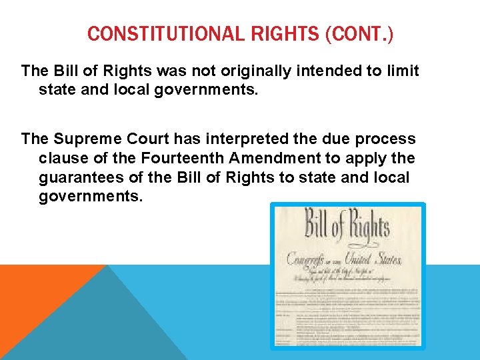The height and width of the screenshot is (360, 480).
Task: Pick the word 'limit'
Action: (x=403, y=71)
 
